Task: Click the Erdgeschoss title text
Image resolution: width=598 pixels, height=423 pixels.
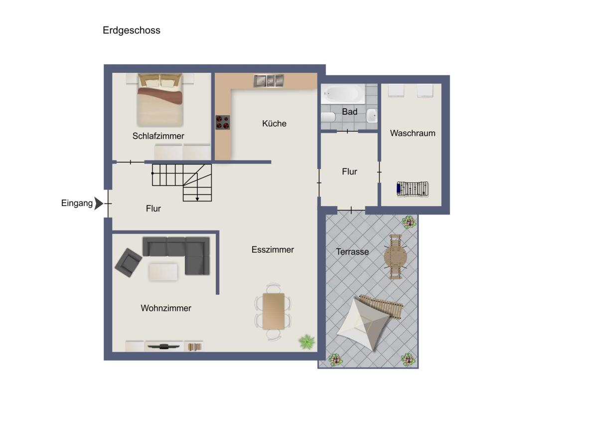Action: (x=132, y=30)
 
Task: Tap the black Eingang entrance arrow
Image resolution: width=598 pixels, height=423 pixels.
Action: (x=99, y=204)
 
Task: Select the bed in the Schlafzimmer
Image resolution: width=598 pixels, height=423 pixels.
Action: (x=160, y=100)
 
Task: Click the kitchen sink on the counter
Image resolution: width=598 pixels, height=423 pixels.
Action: (x=269, y=80)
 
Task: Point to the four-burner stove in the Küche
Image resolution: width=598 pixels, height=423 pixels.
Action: (x=223, y=122)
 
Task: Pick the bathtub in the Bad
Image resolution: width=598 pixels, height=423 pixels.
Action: (x=343, y=94)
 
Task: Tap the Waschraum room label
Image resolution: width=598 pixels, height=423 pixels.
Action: (x=413, y=133)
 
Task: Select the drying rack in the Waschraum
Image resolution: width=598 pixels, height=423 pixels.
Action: (x=413, y=189)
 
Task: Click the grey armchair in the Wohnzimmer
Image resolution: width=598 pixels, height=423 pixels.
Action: (x=129, y=262)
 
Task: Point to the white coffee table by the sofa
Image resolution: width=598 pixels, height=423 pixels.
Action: (x=163, y=272)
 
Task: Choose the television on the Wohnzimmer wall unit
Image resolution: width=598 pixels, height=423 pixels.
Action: (x=163, y=347)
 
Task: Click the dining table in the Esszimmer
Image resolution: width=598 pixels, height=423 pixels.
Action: (x=274, y=311)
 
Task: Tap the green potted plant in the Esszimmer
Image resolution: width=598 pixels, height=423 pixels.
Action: (x=306, y=342)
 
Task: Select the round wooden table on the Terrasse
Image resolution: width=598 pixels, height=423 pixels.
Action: (x=395, y=257)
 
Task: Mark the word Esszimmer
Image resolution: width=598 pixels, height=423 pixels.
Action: (x=273, y=249)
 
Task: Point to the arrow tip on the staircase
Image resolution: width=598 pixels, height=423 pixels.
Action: (x=197, y=201)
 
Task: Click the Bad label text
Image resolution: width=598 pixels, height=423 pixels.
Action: (x=349, y=112)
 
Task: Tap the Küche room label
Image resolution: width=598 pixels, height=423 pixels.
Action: (x=274, y=123)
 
